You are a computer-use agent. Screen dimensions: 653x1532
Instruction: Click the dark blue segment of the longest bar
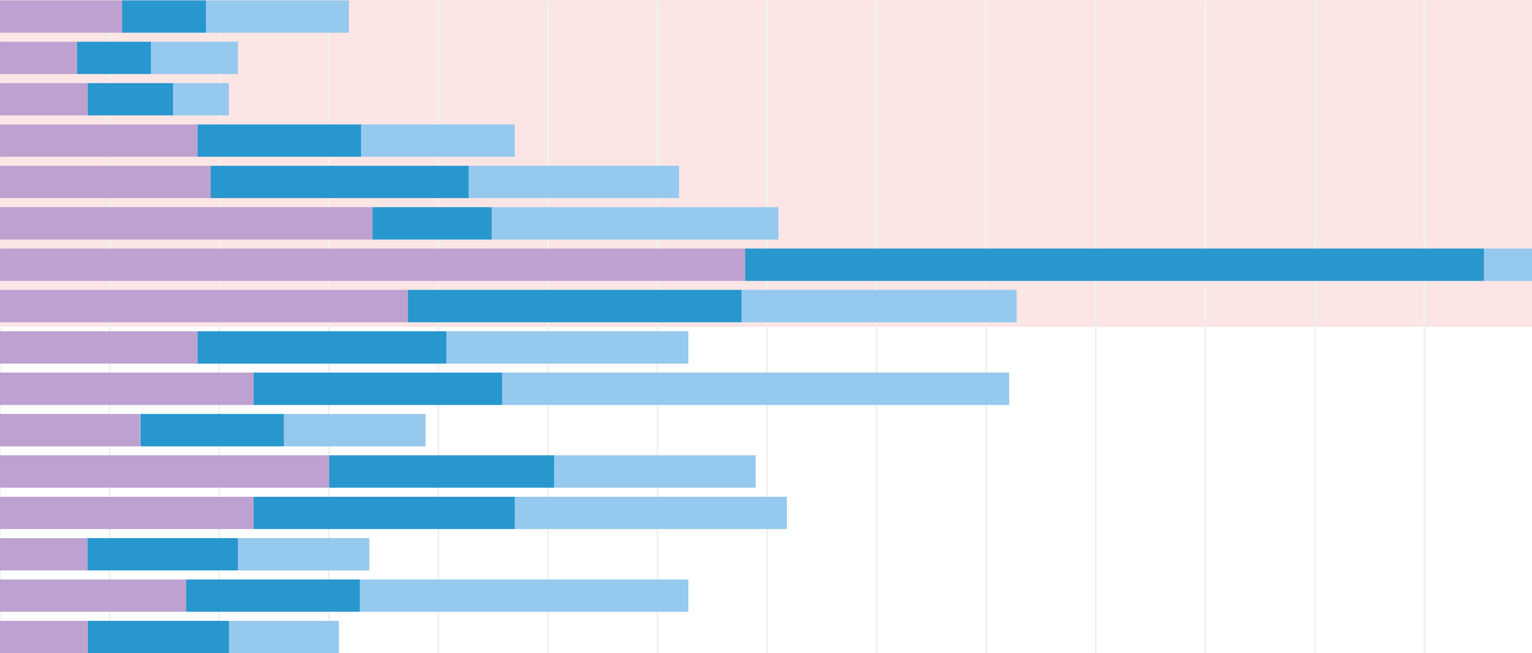[x=1114, y=264]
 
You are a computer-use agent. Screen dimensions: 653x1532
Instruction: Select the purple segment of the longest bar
[x=372, y=264]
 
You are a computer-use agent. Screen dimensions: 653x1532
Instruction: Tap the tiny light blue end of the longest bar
[x=1507, y=264]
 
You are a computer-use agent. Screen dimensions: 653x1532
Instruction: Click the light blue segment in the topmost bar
[x=277, y=16]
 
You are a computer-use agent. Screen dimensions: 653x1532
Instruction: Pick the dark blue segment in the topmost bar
[x=163, y=16]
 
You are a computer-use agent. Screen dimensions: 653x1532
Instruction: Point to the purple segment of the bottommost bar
[x=43, y=637]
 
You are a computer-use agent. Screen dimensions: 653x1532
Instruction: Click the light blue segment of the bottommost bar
[x=284, y=637]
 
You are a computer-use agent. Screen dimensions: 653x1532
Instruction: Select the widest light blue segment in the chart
[x=755, y=389]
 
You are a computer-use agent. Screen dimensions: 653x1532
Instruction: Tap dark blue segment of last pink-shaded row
[x=574, y=306]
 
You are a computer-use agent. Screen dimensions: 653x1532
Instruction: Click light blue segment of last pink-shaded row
[x=878, y=306]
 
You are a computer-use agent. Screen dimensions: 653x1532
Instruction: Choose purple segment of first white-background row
[x=98, y=347]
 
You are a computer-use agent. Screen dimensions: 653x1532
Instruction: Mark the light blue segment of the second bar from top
[x=194, y=58]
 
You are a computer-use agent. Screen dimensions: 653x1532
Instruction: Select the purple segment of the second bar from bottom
[x=93, y=595]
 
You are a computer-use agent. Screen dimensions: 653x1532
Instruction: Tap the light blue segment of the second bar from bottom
[x=523, y=595]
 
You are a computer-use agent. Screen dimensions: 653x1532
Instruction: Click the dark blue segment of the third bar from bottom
[x=162, y=554]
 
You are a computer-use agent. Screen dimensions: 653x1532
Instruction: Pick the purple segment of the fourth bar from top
[x=98, y=140]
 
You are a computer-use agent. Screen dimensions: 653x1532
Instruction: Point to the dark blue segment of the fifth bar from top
[x=339, y=182]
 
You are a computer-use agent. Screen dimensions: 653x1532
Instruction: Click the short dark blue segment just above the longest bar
[x=432, y=224]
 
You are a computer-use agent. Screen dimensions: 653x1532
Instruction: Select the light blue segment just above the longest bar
[x=635, y=224]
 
